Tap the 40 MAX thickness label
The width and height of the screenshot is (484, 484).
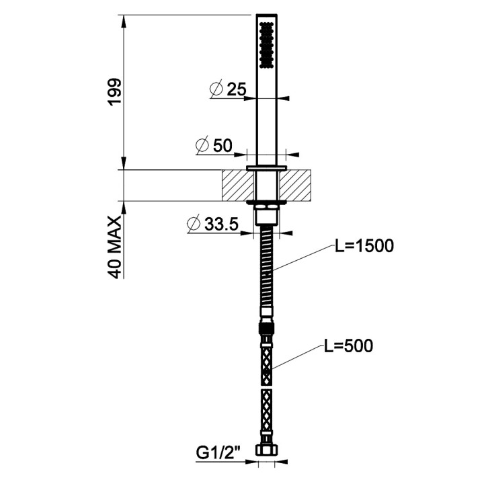[114, 247]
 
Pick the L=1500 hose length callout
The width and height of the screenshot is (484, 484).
[364, 246]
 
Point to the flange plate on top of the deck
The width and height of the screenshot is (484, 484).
[267, 167]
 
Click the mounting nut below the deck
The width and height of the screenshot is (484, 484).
[267, 217]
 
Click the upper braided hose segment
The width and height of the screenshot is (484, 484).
[267, 357]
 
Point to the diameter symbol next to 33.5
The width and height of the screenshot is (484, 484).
[193, 225]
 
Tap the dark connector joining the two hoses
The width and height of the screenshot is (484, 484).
[267, 329]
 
